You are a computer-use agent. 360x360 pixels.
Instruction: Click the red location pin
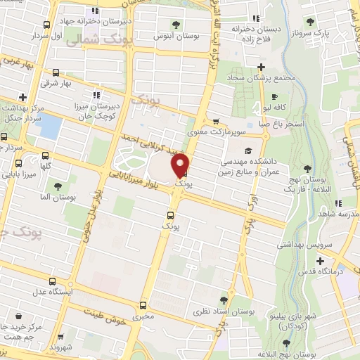pos(181,165)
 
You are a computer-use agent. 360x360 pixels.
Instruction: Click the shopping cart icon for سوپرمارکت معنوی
pos(216,120)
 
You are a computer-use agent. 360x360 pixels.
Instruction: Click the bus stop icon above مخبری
pos(143,305)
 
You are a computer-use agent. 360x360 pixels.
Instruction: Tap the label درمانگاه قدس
pos(318,271)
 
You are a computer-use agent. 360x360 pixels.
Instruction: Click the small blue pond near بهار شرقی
pos(50,127)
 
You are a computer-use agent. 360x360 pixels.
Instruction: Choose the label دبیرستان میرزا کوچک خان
pos(96,108)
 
